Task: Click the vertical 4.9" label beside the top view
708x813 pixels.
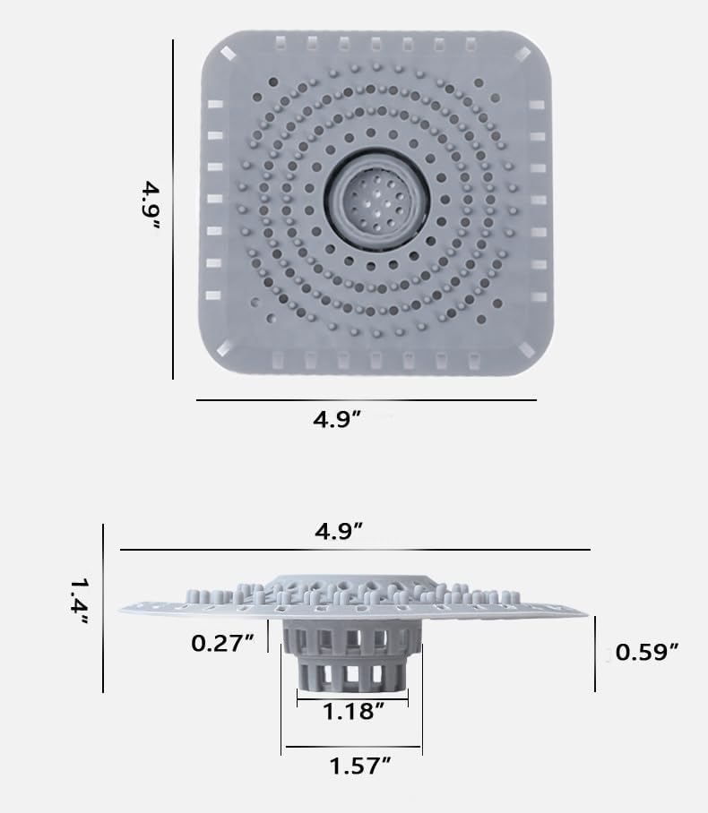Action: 150,206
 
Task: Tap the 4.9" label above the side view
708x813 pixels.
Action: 339,530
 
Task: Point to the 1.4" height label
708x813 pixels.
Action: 81,602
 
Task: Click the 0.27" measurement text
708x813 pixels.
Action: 223,642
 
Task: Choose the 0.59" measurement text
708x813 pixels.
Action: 646,652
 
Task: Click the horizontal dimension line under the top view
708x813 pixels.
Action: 366,399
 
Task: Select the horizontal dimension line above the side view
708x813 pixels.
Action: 355,549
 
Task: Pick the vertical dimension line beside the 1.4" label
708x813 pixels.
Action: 104,608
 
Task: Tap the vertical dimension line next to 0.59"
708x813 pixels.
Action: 594,654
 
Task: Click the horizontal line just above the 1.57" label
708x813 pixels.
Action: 351,746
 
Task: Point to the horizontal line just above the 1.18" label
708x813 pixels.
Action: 352,694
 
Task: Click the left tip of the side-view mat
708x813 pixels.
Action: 122,608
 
